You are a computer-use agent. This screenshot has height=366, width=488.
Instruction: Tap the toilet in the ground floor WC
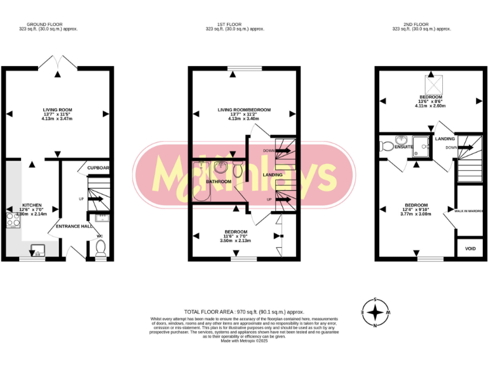pos(100,252)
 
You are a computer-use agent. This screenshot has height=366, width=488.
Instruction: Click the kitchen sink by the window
pos(36,250)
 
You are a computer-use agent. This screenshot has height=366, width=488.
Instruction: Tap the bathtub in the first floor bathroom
pos(202,183)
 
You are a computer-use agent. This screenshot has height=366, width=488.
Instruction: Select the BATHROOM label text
pos(218,182)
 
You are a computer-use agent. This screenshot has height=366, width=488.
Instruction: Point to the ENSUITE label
pos(404,147)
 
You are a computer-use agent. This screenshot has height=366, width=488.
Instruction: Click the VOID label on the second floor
pos(470,248)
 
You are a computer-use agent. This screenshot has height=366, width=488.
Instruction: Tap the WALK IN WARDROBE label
pos(471,210)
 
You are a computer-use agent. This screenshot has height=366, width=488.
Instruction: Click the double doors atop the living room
pos(58,62)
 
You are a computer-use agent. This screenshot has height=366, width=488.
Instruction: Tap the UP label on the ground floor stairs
pos(81,199)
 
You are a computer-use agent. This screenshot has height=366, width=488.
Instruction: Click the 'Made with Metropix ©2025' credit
pos(244,341)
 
